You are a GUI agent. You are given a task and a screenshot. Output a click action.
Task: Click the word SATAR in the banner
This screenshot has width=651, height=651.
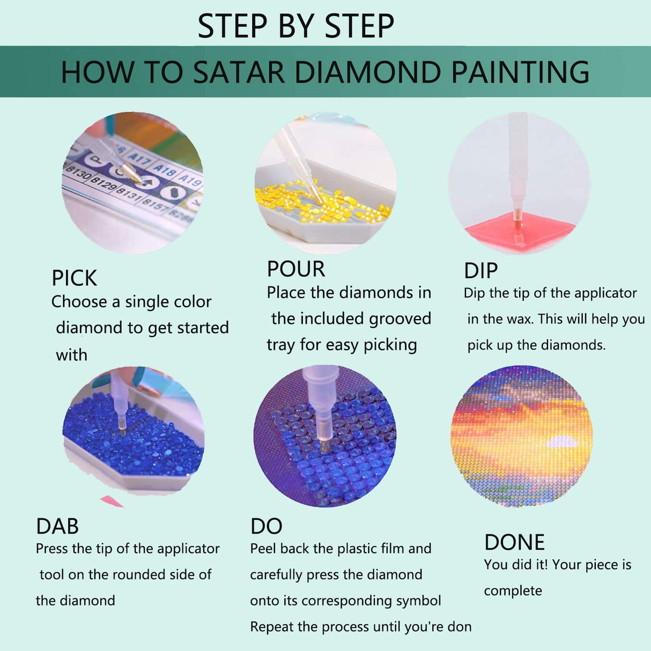(238, 72)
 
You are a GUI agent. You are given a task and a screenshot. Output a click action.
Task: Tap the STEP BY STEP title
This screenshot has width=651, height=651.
(295, 26)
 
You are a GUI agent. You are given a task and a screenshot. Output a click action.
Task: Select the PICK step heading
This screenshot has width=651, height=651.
(74, 278)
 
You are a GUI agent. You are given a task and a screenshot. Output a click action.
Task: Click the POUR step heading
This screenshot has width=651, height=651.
(296, 269)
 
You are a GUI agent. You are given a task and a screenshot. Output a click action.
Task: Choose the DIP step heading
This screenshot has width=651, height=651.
(480, 271)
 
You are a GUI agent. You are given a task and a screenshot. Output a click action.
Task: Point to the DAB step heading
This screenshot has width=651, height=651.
(57, 527)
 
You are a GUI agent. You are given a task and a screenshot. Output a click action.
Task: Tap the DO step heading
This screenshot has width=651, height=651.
(266, 527)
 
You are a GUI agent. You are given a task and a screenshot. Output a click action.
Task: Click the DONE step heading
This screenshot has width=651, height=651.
(514, 543)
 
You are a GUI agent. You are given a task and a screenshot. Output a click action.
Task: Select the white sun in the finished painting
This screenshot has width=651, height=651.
(560, 442)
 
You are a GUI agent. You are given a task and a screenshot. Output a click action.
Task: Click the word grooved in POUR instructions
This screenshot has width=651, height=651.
(399, 319)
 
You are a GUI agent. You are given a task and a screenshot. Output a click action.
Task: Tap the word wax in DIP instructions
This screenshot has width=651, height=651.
(520, 319)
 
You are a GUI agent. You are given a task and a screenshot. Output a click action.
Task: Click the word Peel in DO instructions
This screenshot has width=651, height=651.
(263, 549)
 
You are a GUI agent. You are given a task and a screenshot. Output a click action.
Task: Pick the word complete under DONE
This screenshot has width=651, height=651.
(513, 591)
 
